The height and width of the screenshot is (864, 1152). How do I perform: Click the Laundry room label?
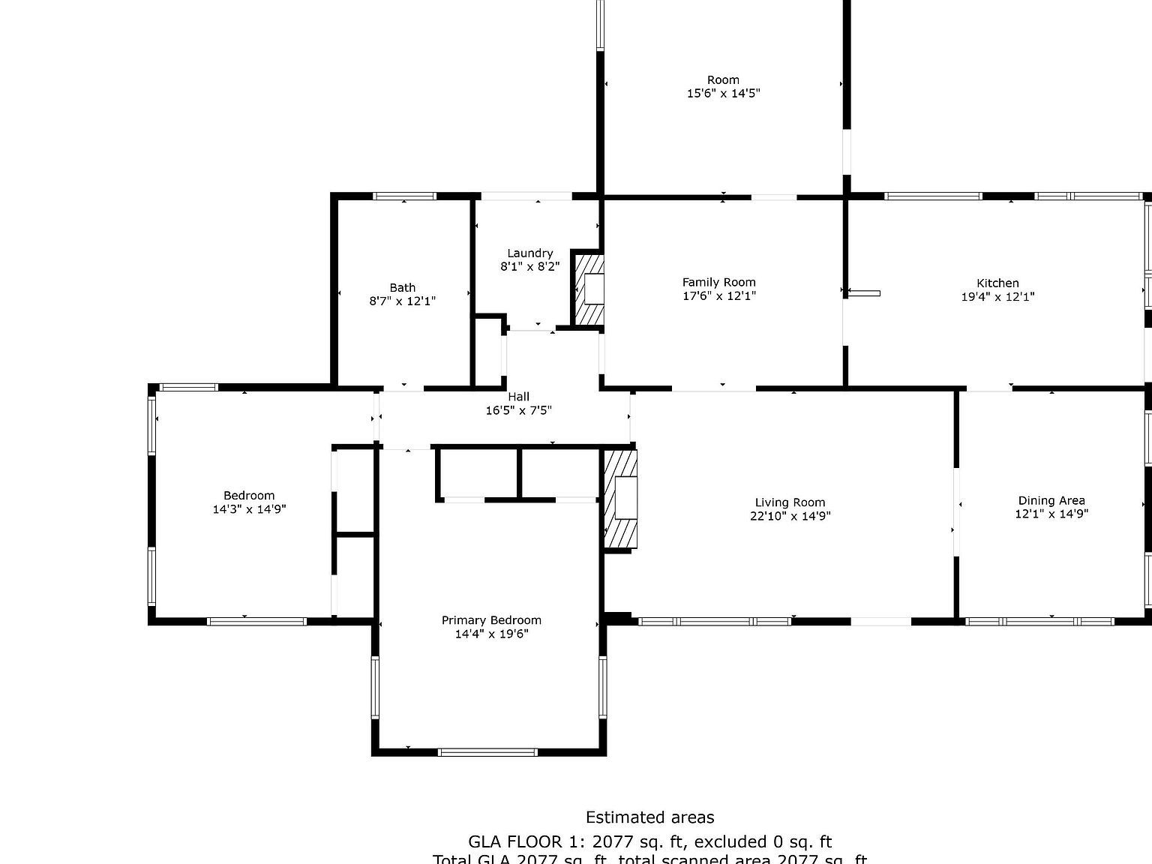coord(529,253)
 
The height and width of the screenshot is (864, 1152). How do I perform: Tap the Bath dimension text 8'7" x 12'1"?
coord(402,301)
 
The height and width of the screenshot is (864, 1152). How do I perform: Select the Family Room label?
coord(718,282)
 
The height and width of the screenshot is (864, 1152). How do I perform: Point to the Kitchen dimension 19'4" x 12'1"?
coord(997,296)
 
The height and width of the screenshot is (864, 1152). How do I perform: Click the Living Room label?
coord(790,502)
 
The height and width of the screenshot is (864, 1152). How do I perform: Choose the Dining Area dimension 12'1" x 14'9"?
coord(1051,514)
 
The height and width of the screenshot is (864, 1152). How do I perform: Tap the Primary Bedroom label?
coord(491,620)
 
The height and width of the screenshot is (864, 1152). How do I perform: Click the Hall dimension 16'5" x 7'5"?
coord(518,410)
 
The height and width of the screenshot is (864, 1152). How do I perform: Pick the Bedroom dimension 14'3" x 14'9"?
coord(249,509)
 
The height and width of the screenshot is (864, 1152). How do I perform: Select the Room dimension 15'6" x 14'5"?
coord(723,93)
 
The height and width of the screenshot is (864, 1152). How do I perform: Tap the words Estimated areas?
coord(649,817)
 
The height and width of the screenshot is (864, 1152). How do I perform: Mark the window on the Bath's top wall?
coord(405,196)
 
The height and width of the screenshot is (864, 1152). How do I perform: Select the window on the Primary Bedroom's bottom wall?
coord(487,751)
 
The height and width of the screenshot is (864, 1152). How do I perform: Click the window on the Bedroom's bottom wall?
coord(256,621)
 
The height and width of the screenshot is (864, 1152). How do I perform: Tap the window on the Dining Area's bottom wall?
coord(1039,621)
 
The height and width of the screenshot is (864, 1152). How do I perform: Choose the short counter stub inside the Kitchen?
coord(864,293)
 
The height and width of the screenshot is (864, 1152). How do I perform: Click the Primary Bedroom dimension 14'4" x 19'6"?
coord(491,634)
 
